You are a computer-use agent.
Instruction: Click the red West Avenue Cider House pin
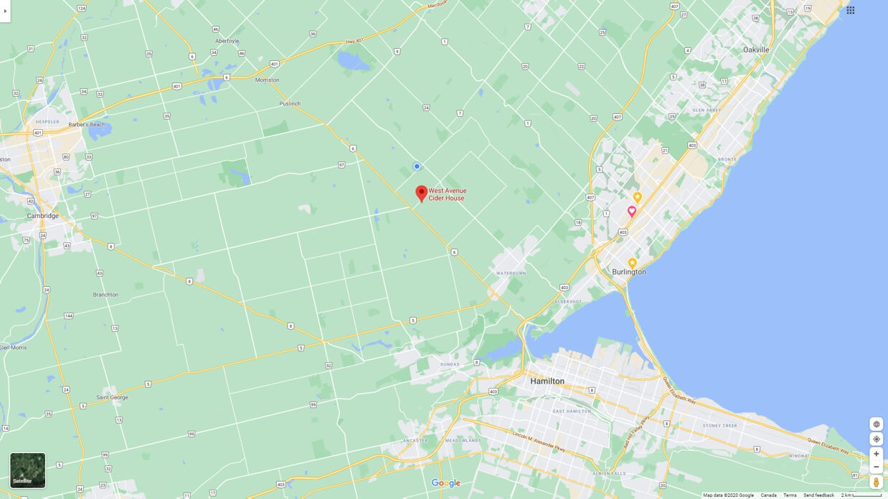(422, 193)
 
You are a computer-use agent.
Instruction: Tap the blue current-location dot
(417, 166)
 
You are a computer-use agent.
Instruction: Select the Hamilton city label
(547, 381)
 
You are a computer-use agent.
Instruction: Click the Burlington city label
(629, 272)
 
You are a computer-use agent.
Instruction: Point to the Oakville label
(756, 50)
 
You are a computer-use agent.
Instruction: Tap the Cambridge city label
(43, 216)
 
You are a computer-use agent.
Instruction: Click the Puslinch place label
(290, 104)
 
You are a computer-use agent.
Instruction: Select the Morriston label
(267, 80)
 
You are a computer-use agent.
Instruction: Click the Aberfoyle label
(227, 42)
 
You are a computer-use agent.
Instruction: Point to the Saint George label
(113, 397)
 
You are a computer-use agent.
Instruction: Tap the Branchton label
(105, 295)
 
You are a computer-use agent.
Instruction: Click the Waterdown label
(511, 273)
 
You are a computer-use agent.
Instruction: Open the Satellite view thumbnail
(28, 470)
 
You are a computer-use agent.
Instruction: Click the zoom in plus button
(876, 454)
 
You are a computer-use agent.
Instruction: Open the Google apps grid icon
(850, 10)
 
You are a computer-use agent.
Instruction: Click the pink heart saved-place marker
(632, 212)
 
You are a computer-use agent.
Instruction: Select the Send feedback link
(818, 495)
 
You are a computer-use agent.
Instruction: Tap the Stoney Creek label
(720, 426)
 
